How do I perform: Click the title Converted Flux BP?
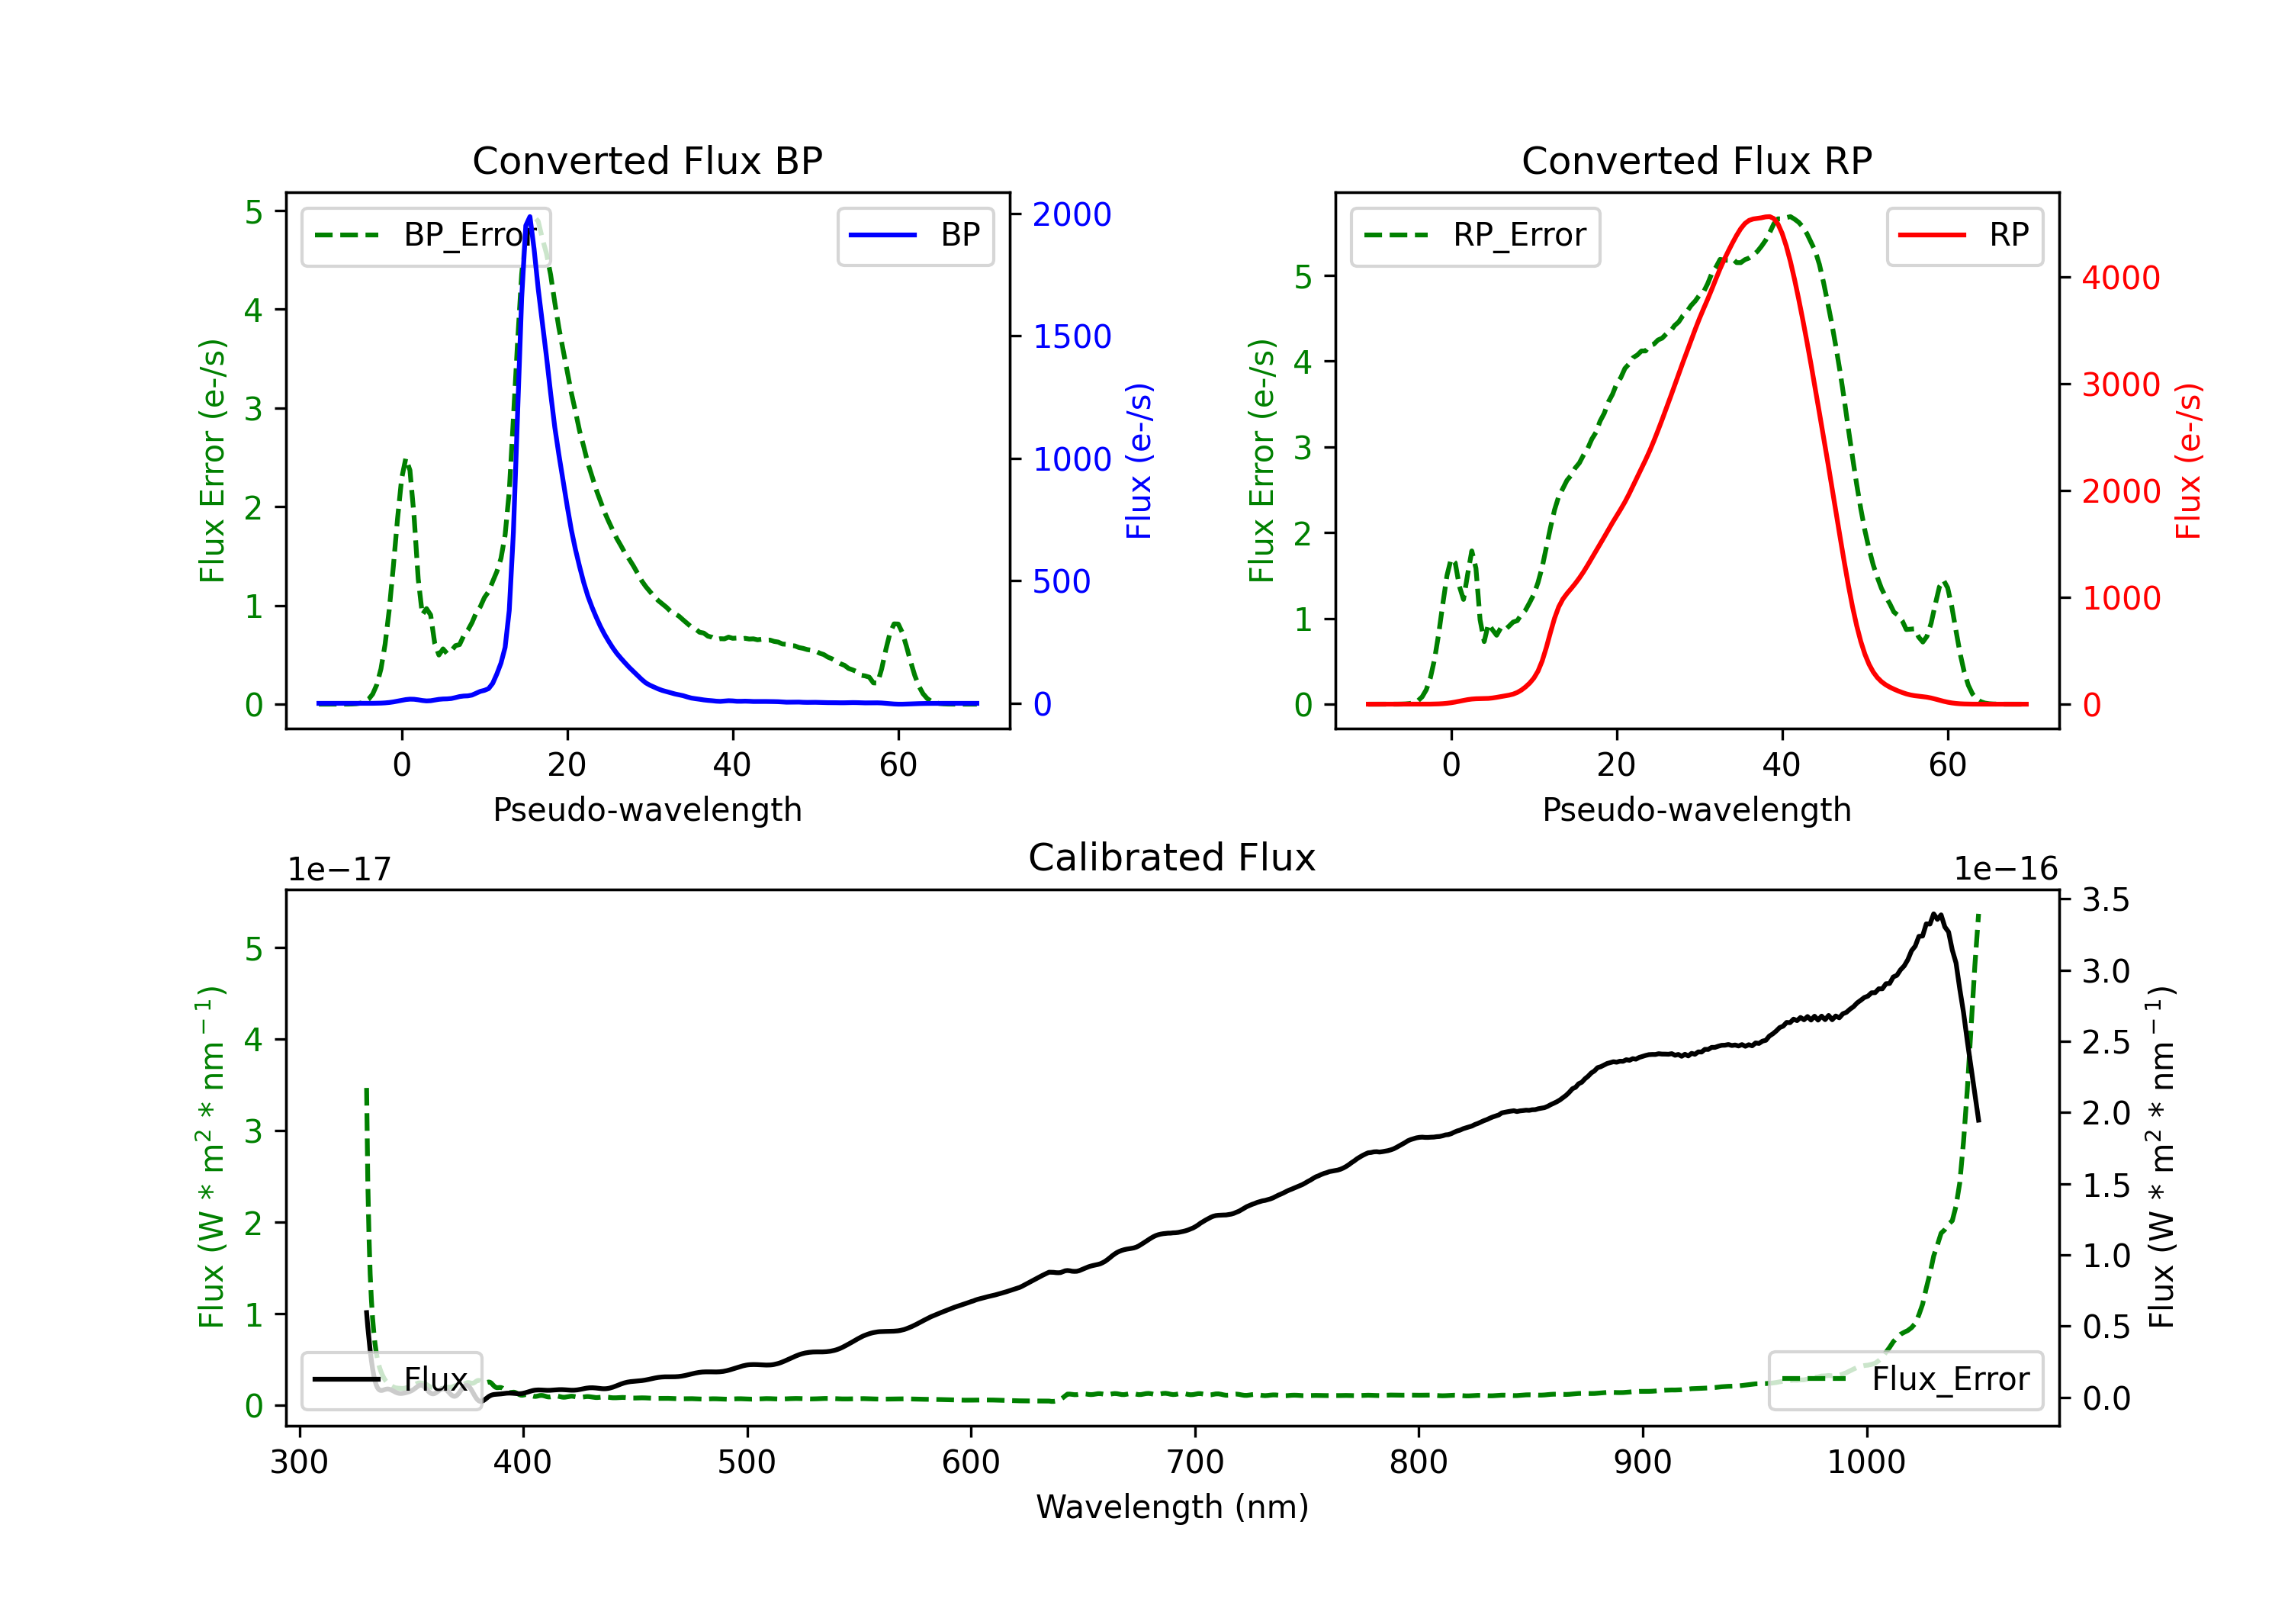tap(648, 160)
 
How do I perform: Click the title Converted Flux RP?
tap(1697, 160)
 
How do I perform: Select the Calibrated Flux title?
tap(1172, 857)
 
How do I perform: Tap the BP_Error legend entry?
tap(426, 235)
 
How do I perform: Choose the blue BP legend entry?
tap(914, 235)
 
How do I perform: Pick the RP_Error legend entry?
tap(1475, 235)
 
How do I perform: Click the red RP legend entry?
tap(1964, 235)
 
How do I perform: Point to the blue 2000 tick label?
tap(1072, 214)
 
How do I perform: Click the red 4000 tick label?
tap(2120, 278)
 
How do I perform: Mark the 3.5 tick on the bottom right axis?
tap(2106, 900)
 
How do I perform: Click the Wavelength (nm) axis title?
tap(1172, 1507)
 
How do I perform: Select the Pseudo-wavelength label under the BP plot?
tap(648, 809)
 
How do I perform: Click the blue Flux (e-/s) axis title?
tap(1138, 462)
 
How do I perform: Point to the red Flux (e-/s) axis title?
tap(2187, 462)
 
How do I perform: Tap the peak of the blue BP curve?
tap(529, 217)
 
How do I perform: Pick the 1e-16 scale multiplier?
tap(2005, 870)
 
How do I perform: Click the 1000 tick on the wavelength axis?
tap(1866, 1462)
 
